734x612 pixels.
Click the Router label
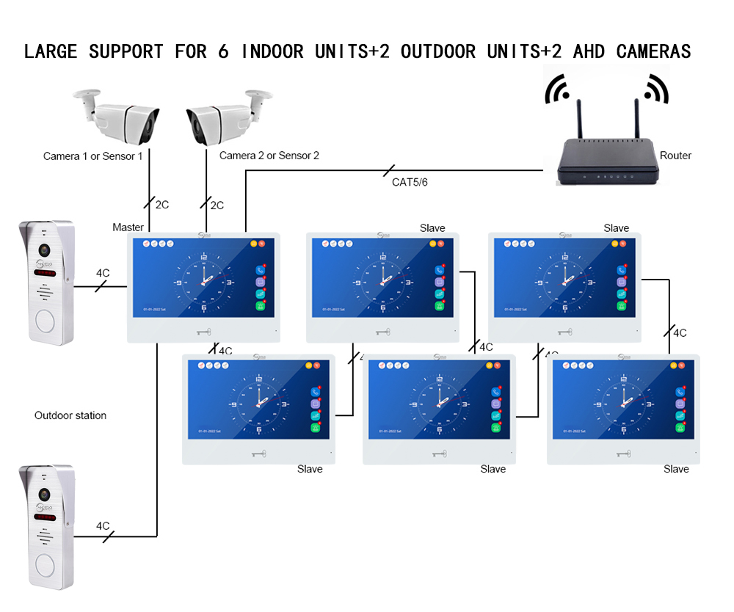tap(675, 156)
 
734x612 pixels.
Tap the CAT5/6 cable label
tap(410, 182)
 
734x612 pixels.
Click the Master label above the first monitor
tap(128, 227)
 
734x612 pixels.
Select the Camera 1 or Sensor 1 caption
tap(93, 156)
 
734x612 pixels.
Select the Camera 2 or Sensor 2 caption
tap(269, 156)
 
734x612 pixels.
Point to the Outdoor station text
tap(70, 415)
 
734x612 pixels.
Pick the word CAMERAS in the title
tap(653, 51)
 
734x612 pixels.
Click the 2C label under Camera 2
tap(217, 205)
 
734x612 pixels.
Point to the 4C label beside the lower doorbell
tap(103, 526)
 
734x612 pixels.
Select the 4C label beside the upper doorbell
tap(103, 273)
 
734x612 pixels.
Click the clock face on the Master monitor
tap(203, 282)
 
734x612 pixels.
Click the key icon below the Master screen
tap(203, 332)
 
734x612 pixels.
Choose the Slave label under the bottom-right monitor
tap(676, 469)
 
